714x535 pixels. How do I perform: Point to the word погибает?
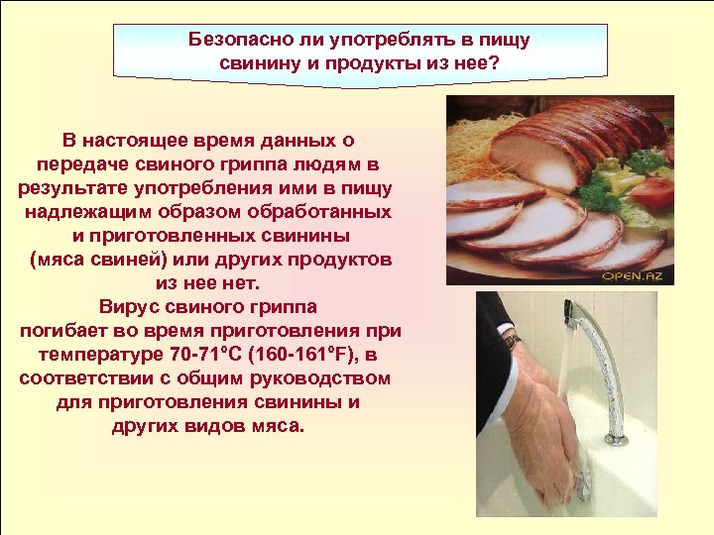pos(68,331)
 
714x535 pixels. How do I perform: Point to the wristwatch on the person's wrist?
pos(511,341)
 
